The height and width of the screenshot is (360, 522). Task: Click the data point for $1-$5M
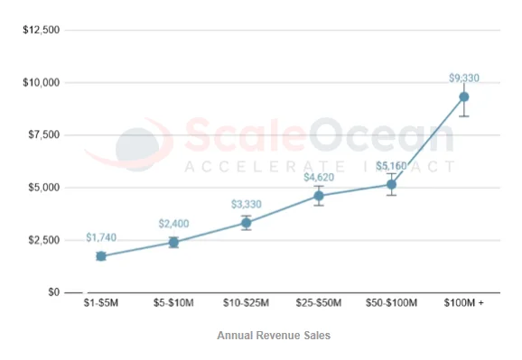coord(101,256)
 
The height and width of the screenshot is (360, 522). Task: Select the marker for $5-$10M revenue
coord(173,242)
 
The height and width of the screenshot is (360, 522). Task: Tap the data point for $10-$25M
coord(246,223)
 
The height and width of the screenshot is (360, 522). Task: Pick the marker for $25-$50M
coord(319,196)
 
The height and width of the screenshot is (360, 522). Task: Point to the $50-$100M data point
coord(391,184)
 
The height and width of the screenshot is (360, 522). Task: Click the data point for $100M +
coord(463,97)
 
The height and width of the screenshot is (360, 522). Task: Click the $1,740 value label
coord(101,237)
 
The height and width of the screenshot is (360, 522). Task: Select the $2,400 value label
coord(173,223)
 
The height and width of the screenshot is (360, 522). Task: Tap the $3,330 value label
coord(246,204)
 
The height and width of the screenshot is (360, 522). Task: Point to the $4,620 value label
coord(319,177)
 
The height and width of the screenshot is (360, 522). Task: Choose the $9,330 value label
coord(463,78)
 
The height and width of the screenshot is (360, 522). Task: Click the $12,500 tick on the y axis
coord(42,30)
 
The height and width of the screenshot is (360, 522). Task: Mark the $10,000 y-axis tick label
coord(42,82)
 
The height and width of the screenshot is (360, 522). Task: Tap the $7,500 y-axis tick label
coord(44,134)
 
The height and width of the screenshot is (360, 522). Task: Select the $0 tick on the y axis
coord(53,292)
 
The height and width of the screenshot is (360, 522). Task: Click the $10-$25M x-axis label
coord(246,304)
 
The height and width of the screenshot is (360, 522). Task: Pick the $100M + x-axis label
coord(463,304)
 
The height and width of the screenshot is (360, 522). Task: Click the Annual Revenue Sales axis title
coord(274,335)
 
